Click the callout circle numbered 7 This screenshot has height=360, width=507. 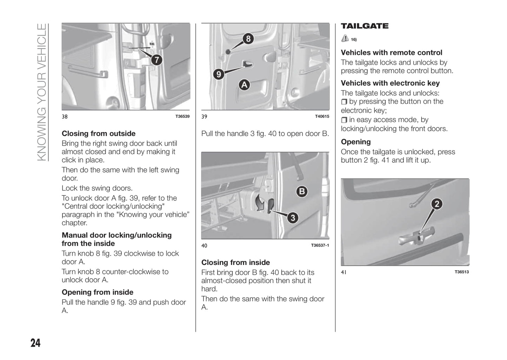point(156,60)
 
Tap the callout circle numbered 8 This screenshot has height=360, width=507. point(248,39)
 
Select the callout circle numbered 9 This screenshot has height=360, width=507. point(219,74)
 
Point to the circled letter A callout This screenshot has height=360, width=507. point(244,85)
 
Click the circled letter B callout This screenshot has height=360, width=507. point(301,192)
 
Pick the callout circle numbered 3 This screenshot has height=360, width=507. point(293,218)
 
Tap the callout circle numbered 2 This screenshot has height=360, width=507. point(437,204)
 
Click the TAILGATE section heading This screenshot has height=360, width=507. point(365,26)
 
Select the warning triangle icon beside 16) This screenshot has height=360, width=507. point(345,39)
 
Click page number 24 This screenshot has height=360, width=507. point(35,343)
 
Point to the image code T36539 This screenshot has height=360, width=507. point(182,116)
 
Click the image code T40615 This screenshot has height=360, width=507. point(322,116)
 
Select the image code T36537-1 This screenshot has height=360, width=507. point(320,246)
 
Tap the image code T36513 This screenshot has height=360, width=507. point(461,272)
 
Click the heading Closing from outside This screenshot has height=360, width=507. point(99,134)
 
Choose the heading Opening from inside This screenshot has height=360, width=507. point(98,292)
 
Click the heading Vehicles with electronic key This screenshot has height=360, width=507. point(390,83)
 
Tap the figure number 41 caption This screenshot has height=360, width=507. point(343,272)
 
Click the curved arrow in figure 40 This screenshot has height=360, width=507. point(260,203)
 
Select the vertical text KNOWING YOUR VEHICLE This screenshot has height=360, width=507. point(41,92)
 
